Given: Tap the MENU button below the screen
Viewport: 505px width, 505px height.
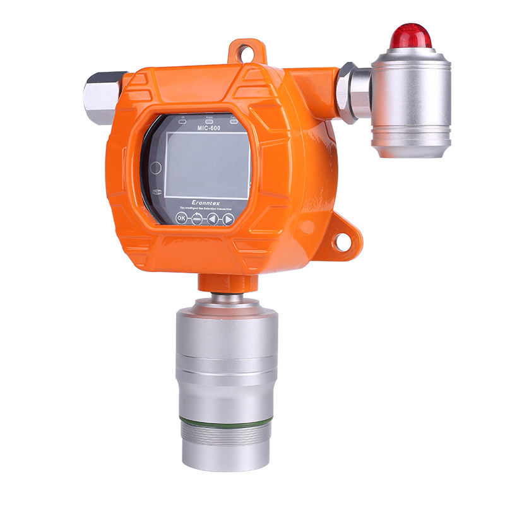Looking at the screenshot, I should click(196, 218).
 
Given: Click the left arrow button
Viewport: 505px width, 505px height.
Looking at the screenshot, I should click(213, 219).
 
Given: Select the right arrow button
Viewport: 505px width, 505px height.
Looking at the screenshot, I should click(228, 220).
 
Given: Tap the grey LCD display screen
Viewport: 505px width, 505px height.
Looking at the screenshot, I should click(207, 164).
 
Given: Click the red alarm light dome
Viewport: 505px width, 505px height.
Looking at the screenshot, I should click(410, 36).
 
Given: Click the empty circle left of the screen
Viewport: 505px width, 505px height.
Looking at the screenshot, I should click(156, 169).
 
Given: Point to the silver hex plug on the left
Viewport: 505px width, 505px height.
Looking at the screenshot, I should click(102, 97).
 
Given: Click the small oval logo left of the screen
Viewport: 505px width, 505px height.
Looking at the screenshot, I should click(158, 192).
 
